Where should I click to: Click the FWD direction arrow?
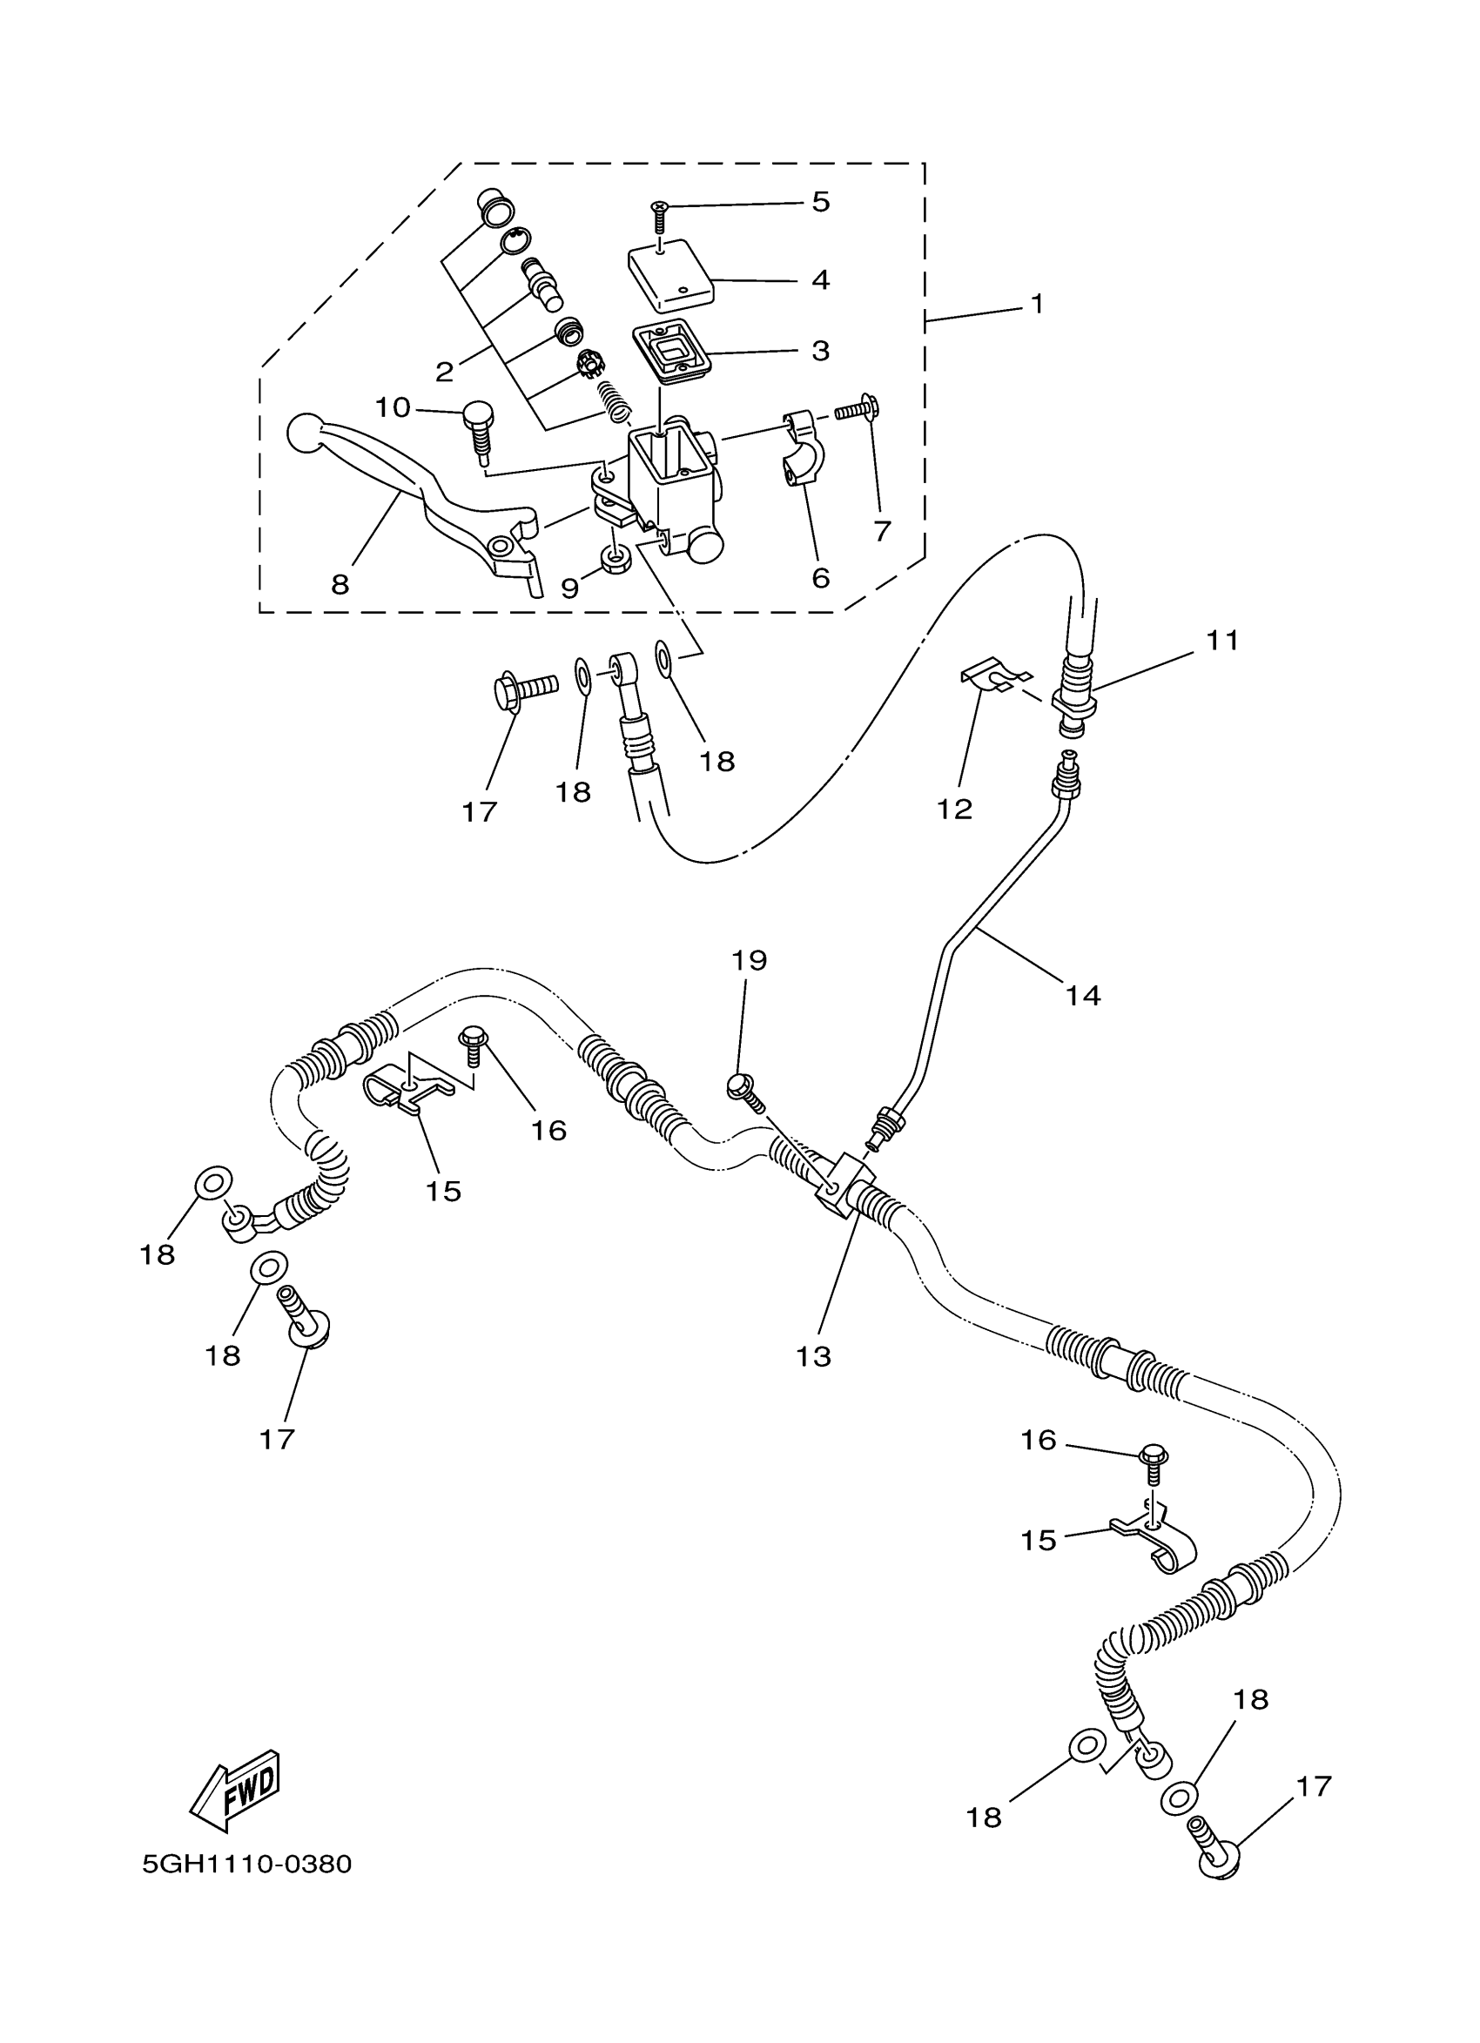[x=237, y=1789]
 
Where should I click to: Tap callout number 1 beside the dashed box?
[x=1037, y=305]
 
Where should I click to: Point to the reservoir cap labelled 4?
[x=670, y=269]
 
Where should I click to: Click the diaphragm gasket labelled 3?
[x=669, y=351]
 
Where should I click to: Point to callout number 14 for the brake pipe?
[x=1083, y=995]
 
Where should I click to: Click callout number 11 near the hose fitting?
[x=1222, y=642]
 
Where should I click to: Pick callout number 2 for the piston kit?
[x=443, y=371]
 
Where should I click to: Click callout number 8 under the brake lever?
[x=340, y=586]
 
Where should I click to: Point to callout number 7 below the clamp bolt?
[x=882, y=531]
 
